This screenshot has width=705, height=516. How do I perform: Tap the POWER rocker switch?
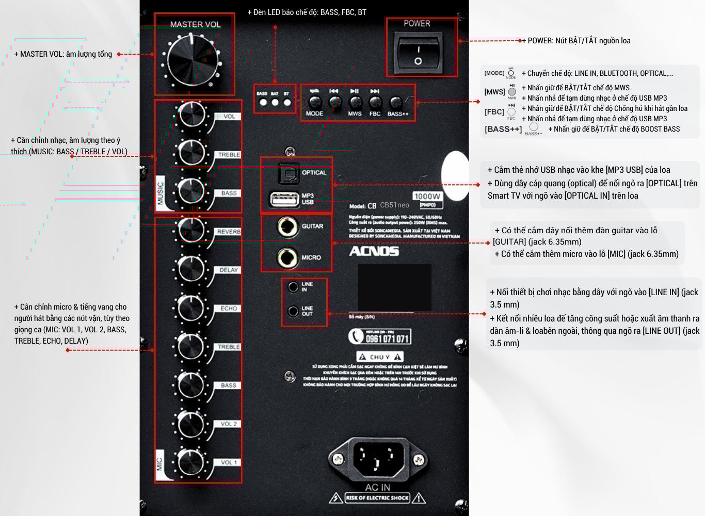(419, 53)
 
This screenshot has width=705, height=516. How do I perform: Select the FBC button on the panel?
(375, 102)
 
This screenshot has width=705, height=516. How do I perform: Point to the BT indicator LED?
(287, 102)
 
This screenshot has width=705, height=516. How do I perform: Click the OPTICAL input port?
(289, 173)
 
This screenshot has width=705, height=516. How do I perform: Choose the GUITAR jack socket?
(287, 227)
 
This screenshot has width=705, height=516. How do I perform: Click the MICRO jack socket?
(287, 257)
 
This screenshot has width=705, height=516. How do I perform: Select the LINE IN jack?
(293, 286)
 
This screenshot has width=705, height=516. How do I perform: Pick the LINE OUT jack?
(293, 311)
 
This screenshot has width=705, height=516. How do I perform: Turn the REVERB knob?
(191, 230)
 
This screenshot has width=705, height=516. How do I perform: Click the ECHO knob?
(191, 308)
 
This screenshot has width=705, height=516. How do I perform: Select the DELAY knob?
(191, 269)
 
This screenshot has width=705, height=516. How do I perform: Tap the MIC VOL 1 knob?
(191, 461)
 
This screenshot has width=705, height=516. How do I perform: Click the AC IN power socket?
(378, 458)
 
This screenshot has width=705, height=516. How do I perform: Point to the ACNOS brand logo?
(374, 251)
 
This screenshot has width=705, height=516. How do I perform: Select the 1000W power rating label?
(427, 196)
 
